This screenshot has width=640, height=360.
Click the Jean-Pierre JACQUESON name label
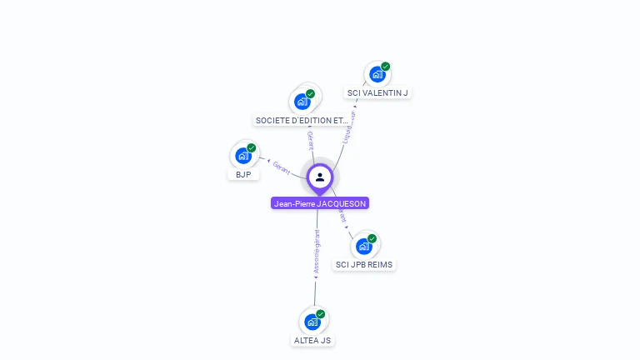320,203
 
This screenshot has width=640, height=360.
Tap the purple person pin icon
320,177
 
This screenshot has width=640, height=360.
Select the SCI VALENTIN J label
377,92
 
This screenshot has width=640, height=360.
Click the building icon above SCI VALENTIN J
377,74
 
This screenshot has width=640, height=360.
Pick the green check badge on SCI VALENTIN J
386,66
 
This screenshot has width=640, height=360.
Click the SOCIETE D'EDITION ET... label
302,120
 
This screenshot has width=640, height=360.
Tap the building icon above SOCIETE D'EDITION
302,102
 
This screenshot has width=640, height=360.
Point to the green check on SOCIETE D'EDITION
310,93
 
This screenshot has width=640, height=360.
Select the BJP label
243,174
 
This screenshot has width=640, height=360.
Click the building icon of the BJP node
242,155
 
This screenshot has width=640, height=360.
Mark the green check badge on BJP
251,147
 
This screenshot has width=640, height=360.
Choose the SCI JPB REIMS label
364,264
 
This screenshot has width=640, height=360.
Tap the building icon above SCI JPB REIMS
363,246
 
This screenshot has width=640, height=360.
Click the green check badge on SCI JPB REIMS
372,238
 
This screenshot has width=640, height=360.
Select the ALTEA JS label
313,340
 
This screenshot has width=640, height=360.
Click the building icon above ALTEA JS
312,322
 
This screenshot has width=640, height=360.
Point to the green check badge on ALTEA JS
321,314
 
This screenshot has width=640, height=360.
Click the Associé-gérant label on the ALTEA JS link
317,252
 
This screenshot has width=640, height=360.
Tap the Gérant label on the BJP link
282,167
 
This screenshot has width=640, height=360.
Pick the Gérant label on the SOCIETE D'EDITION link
310,139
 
